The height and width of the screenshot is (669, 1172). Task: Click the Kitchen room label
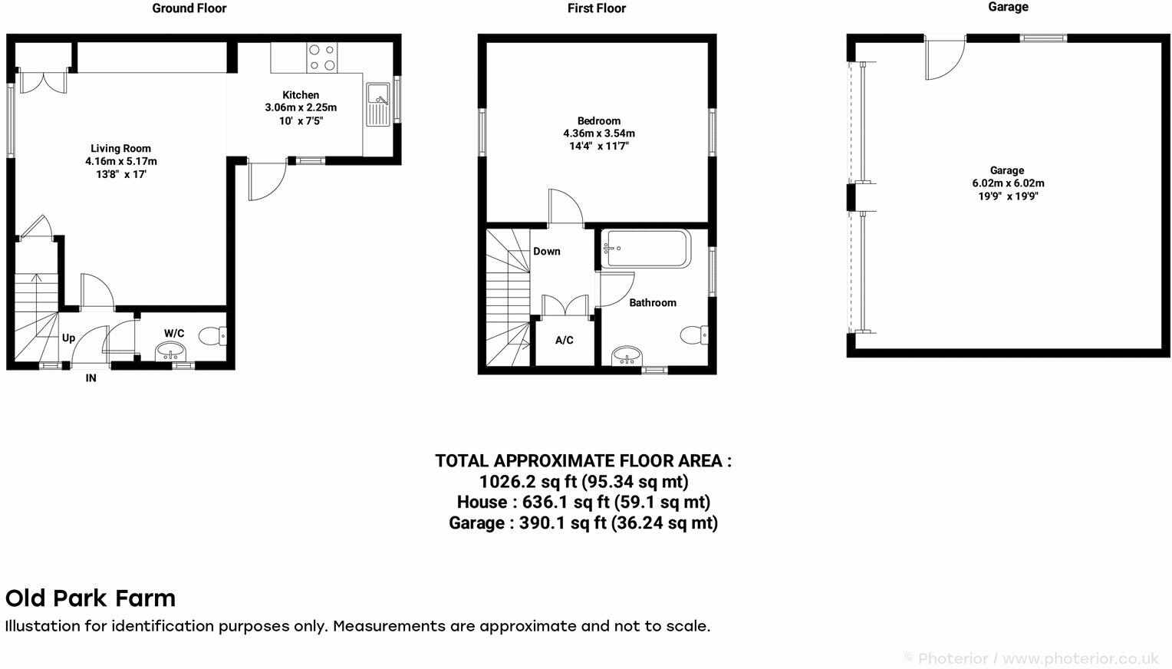(301, 95)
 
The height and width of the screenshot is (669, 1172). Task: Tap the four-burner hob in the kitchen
(321, 58)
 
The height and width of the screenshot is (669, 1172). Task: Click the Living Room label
(120, 149)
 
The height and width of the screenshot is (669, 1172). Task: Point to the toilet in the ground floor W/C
(212, 335)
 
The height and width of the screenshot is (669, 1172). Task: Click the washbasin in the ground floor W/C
(170, 351)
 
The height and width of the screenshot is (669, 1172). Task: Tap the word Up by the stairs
(68, 338)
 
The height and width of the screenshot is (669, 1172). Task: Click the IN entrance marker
(91, 378)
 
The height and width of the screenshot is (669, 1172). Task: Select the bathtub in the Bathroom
(646, 249)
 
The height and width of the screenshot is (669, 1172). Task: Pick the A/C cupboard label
(564, 340)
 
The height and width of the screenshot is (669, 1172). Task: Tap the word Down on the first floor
(546, 251)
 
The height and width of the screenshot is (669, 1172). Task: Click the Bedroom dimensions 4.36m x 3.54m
(598, 133)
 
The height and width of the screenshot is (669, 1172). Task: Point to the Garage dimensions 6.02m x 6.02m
(1006, 183)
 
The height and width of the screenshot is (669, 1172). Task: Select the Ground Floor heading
(189, 8)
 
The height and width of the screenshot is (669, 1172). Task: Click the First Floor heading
(596, 8)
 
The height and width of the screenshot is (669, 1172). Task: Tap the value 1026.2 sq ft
(528, 482)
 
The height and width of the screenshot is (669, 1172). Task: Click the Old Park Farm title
(91, 598)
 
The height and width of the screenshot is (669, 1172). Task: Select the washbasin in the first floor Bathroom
(628, 356)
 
